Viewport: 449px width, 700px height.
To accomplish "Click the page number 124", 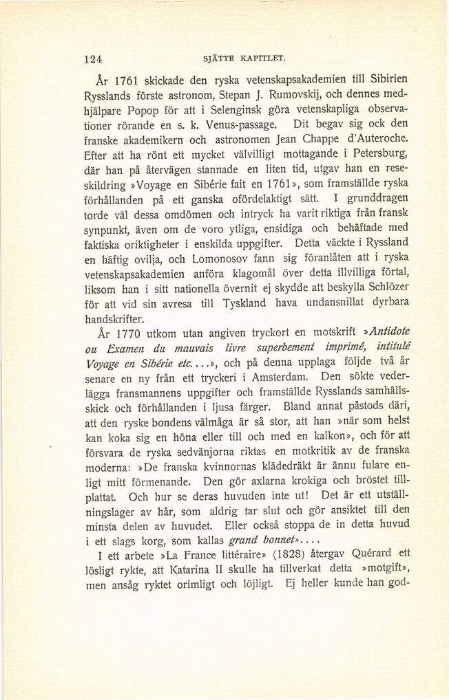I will point(93,59).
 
